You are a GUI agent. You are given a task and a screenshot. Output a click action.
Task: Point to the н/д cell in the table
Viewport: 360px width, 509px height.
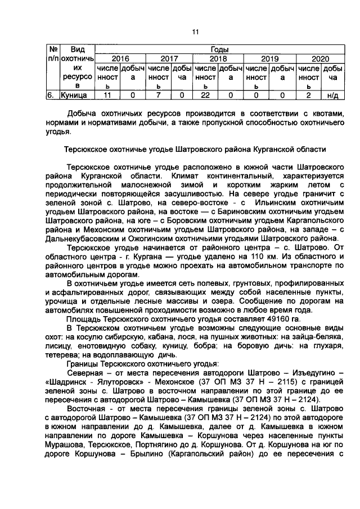332,96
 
